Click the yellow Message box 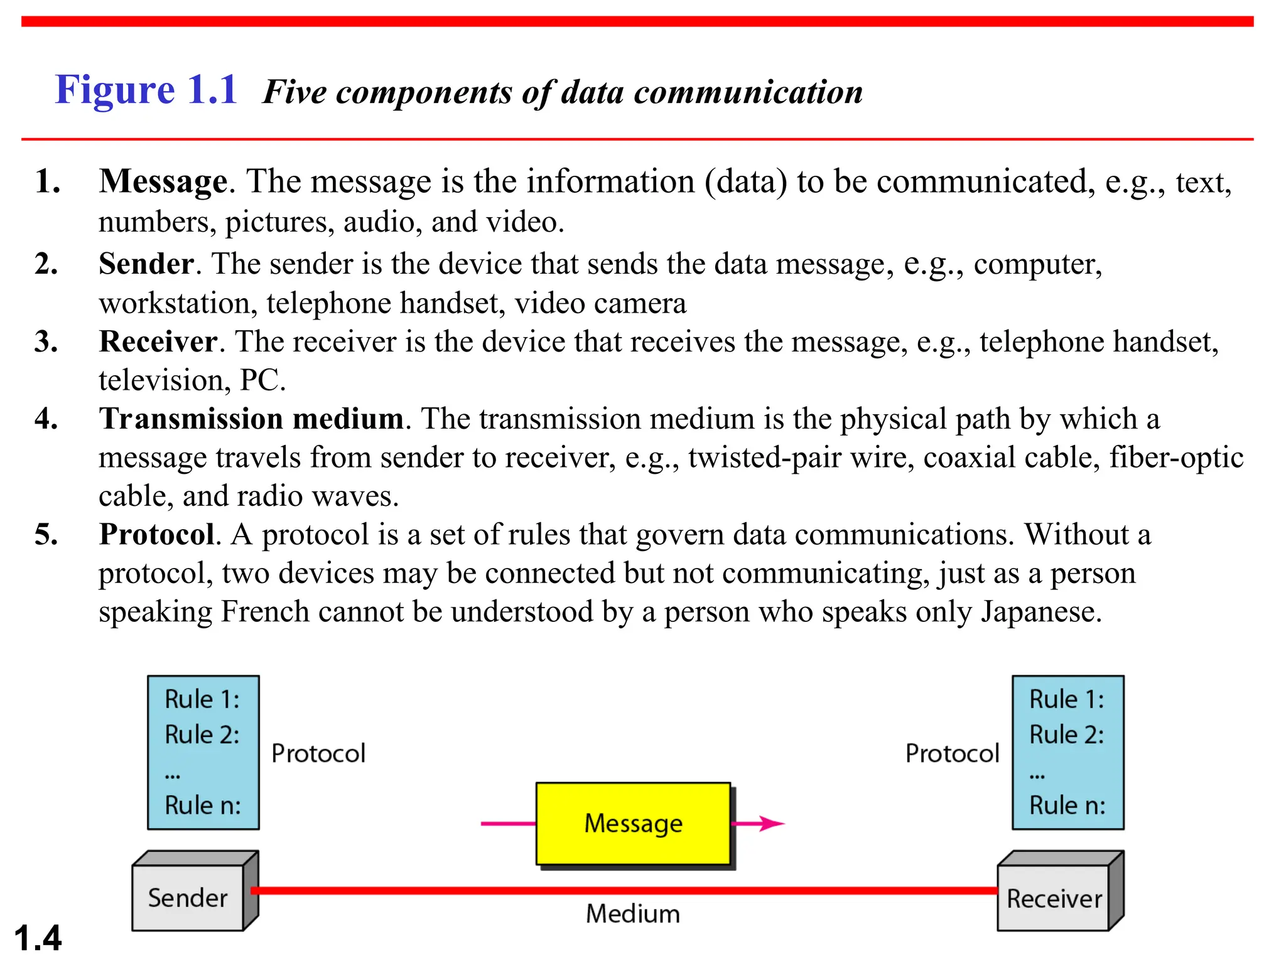click(633, 823)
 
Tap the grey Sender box click(188, 898)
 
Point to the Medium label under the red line click(633, 914)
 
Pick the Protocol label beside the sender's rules click(318, 753)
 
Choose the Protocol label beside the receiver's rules click(952, 753)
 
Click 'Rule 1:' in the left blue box click(202, 699)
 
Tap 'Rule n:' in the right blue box click(1067, 805)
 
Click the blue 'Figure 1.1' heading click(146, 90)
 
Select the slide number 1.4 click(38, 938)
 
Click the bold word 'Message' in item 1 click(163, 181)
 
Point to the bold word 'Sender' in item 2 click(146, 264)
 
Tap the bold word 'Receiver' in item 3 click(158, 342)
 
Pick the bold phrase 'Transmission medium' click(251, 419)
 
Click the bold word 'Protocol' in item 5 click(157, 535)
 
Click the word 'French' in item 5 click(265, 612)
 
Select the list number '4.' click(46, 419)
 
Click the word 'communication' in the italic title click(748, 92)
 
